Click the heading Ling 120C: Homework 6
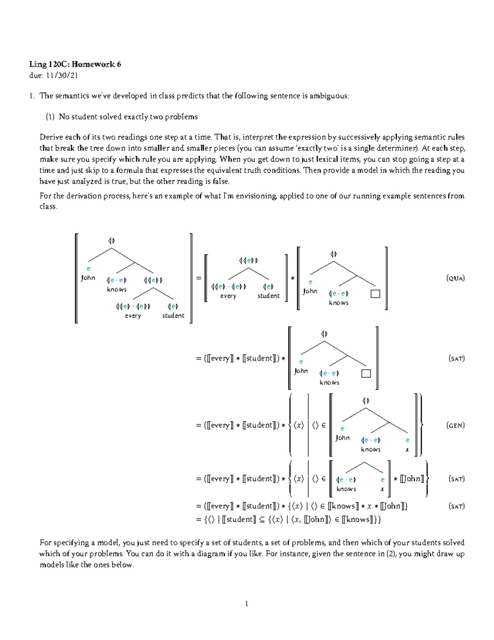pos(75,64)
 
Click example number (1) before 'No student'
pos(50,117)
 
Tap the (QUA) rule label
pos(455,278)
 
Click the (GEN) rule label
pos(455,425)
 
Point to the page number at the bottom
pos(247,604)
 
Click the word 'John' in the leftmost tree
pos(88,278)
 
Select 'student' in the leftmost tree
pos(173,316)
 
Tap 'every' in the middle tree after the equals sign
pos(228,296)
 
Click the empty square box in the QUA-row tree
pos(375,294)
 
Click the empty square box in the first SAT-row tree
pos(366,373)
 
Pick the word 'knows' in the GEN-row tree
pos(370,450)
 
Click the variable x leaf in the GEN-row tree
pos(407,450)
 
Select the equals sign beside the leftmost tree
pos(199,278)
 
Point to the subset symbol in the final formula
pos(262,520)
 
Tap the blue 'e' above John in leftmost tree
pos(88,269)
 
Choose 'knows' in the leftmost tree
pos(117,290)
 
